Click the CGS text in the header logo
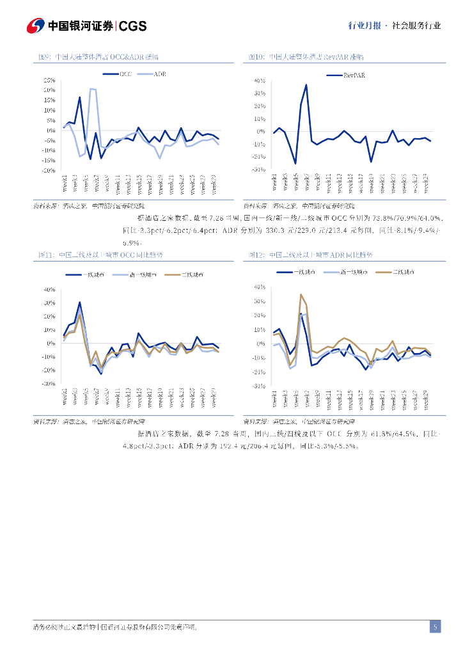click(133, 26)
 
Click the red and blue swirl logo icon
click(35, 26)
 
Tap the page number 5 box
click(435, 627)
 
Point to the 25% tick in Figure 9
click(49, 80)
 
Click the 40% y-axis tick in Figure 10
click(260, 81)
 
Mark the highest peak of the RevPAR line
click(306, 84)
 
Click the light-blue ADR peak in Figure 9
click(91, 89)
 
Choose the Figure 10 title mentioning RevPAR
click(306, 58)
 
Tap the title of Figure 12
click(311, 255)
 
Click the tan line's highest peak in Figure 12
click(301, 295)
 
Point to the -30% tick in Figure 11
click(49, 384)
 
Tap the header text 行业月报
click(365, 26)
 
